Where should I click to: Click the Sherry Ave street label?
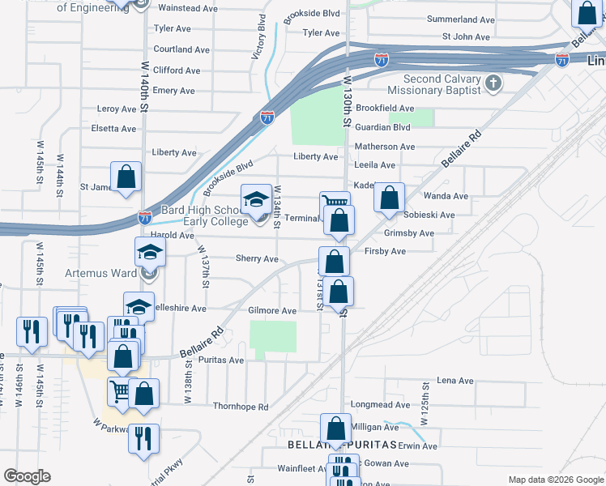pyautogui.click(x=257, y=259)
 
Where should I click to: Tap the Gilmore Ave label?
pyautogui.click(x=272, y=310)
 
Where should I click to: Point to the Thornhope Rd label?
pyautogui.click(x=240, y=407)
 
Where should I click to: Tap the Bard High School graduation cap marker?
pyautogui.click(x=256, y=200)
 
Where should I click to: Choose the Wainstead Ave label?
pyautogui.click(x=188, y=8)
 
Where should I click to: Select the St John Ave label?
pyautogui.click(x=466, y=36)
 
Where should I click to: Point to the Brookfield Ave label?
pyautogui.click(x=385, y=108)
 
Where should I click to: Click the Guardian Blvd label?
pyautogui.click(x=383, y=127)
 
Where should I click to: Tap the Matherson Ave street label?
pyautogui.click(x=385, y=147)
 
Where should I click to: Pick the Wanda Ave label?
pyautogui.click(x=446, y=196)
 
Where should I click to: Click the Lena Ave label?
pyautogui.click(x=455, y=381)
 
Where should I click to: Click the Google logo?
pyautogui.click(x=27, y=476)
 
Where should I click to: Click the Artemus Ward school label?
pyautogui.click(x=101, y=273)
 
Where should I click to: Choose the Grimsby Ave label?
pyautogui.click(x=409, y=233)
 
